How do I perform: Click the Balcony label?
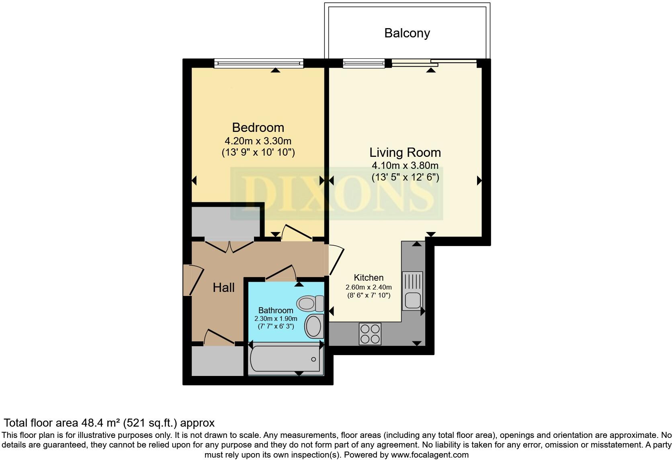pos(407,33)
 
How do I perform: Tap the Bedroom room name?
pos(258,127)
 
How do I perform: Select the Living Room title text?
pos(405,152)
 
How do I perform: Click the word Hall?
pos(223,287)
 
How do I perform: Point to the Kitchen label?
pos(369,277)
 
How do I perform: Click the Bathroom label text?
pos(276,310)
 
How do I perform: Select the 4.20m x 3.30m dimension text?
pos(258,141)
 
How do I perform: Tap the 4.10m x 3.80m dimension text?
pos(405,165)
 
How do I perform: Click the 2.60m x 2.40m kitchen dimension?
pos(369,287)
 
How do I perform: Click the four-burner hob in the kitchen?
pos(370,334)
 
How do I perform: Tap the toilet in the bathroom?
pos(310,303)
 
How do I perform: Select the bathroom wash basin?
pos(314,326)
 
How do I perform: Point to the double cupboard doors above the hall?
pos(229,246)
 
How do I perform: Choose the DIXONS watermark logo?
pos(336,194)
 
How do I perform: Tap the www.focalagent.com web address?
pos(430,455)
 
